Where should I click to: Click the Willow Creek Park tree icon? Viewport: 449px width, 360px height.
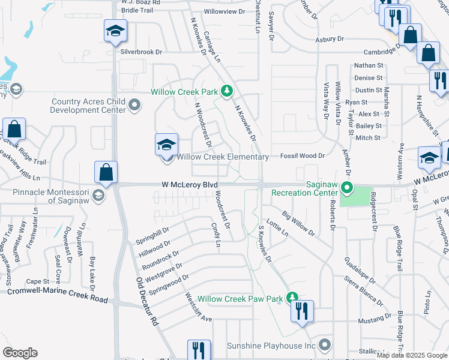point(227,91)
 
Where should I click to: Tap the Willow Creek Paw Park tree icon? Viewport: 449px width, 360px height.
point(292,298)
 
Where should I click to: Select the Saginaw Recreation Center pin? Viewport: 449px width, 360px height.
point(346,188)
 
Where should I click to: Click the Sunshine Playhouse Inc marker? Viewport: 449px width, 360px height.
point(325,345)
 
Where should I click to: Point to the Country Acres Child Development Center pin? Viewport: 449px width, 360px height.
point(134,106)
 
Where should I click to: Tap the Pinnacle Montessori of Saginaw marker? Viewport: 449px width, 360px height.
point(99,196)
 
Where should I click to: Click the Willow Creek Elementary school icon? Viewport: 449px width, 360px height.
point(166,145)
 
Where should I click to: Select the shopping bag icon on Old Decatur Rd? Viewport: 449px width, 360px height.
point(106,172)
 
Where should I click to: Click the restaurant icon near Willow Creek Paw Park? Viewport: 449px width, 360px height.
point(301,311)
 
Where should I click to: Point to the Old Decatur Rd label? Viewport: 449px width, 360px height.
point(146,299)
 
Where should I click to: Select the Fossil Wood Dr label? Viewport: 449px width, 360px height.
point(303,156)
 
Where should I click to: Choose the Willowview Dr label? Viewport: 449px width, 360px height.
point(225,11)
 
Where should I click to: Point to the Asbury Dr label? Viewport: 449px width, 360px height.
point(330,39)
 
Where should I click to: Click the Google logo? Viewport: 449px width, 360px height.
point(20,353)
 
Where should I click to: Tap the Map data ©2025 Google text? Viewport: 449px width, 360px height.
point(411,355)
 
